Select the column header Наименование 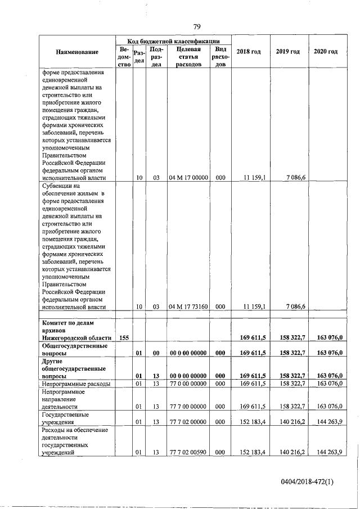78,52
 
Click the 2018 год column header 249,52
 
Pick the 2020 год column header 326,52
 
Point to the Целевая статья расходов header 188,57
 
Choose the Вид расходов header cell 220,57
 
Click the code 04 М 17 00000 188,178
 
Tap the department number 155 125,337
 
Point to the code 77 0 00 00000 188,384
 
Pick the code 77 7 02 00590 188,451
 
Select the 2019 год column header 287,52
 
